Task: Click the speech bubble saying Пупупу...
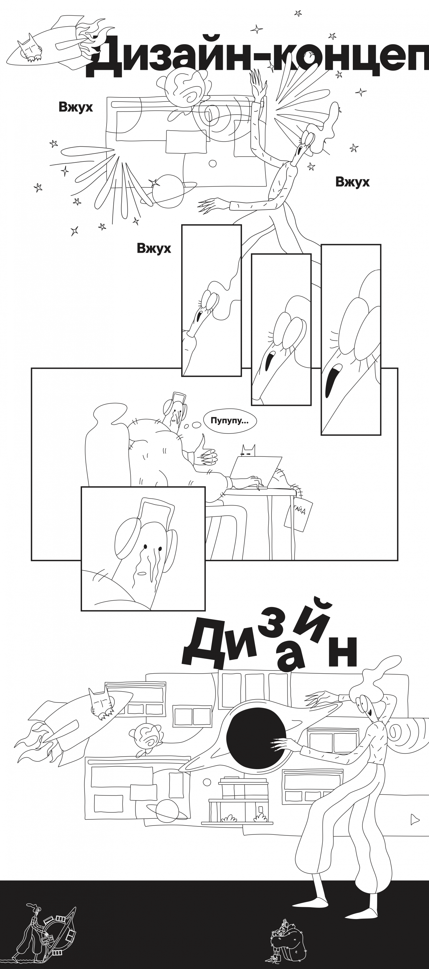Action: pos(230,421)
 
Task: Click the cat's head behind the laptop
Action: pos(248,451)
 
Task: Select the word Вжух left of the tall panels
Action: pos(154,248)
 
